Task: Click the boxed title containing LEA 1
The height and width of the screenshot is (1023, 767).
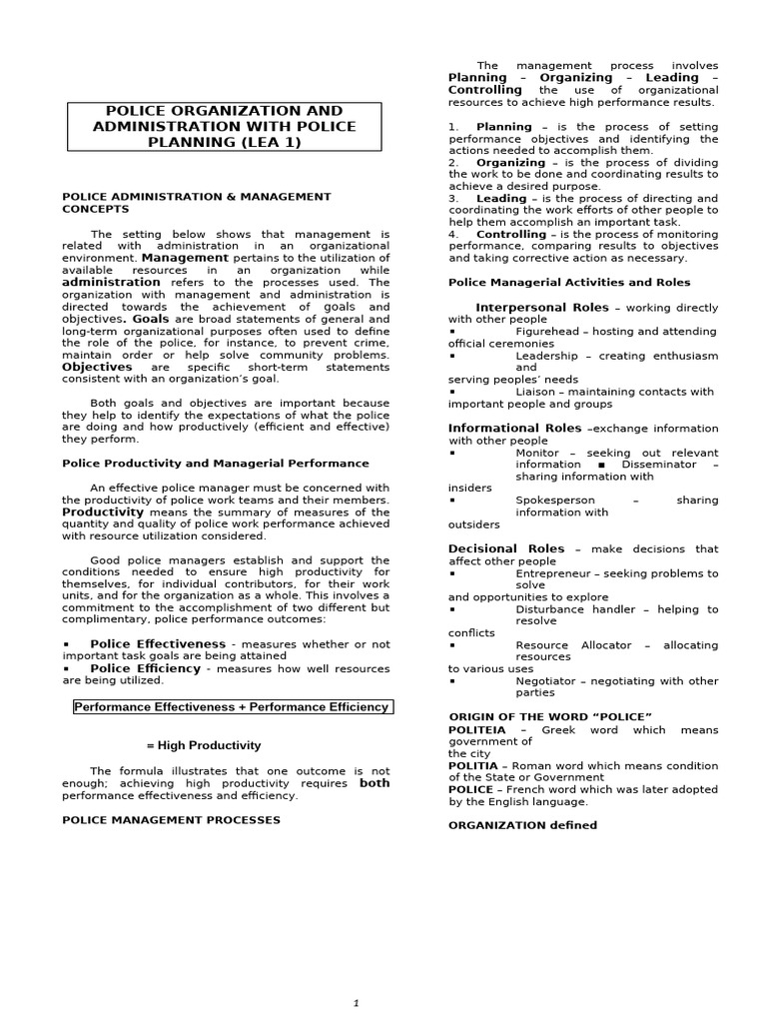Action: pyautogui.click(x=224, y=126)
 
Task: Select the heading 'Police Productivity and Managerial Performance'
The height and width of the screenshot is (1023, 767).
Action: pyautogui.click(x=215, y=464)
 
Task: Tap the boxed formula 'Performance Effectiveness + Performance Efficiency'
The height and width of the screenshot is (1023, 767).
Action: pyautogui.click(x=233, y=707)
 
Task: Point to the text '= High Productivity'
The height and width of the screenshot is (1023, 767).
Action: pyautogui.click(x=203, y=745)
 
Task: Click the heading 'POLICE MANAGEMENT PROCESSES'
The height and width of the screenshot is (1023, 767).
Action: pyautogui.click(x=171, y=820)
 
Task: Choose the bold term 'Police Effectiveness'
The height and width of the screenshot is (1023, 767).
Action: pyautogui.click(x=158, y=644)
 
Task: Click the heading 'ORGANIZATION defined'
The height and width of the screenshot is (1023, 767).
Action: pyautogui.click(x=522, y=825)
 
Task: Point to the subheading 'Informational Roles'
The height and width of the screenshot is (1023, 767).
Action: pyautogui.click(x=514, y=429)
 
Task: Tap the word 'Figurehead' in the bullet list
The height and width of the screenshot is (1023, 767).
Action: pyautogui.click(x=547, y=332)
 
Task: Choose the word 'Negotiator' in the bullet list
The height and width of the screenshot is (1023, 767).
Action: pyautogui.click(x=546, y=681)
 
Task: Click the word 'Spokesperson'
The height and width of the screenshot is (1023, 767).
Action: pyautogui.click(x=554, y=501)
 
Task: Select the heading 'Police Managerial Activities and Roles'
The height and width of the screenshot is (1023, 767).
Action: pyautogui.click(x=568, y=283)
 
